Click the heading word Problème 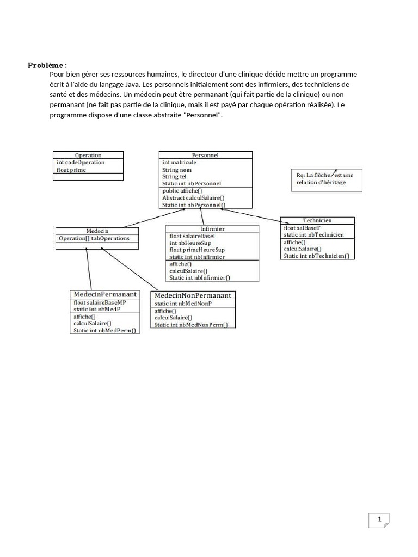46,66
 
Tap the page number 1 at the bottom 379,518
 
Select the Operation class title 88,155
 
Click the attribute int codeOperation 81,162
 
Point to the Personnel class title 205,155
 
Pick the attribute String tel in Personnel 174,177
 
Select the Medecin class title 97,231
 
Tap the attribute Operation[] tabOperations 94,238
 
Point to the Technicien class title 317,220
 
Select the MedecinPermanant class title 104,294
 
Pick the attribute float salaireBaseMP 100,302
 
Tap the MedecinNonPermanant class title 194,295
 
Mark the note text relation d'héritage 321,182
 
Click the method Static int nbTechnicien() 316,256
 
